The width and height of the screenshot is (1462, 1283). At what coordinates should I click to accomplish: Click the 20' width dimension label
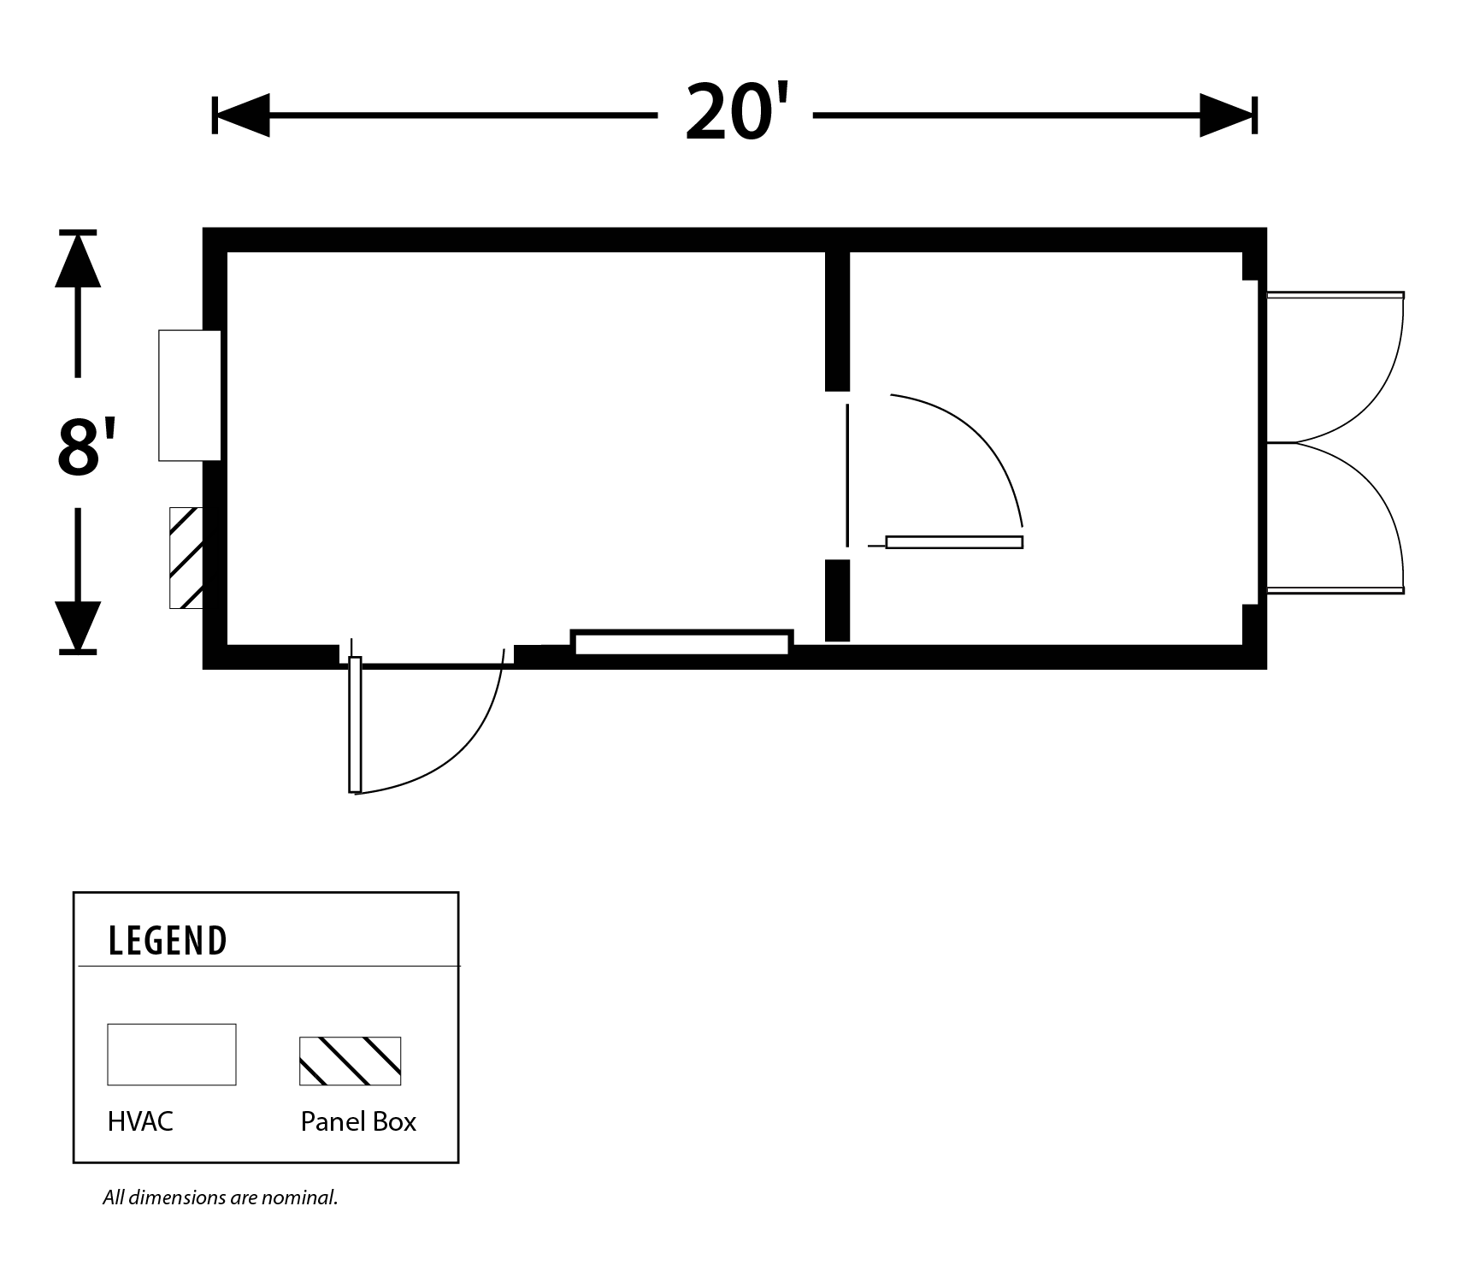[734, 114]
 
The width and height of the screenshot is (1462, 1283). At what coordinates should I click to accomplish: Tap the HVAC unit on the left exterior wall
[189, 395]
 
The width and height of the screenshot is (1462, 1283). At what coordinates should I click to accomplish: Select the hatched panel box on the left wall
[186, 558]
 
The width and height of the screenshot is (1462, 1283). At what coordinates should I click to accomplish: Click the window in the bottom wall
[681, 643]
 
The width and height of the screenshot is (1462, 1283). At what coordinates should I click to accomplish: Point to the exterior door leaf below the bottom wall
[355, 724]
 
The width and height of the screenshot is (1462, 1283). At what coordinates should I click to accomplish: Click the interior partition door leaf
[954, 542]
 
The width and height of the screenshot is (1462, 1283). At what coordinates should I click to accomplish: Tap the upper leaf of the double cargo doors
[1335, 295]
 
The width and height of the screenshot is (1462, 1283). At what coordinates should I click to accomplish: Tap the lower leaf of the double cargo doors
[1335, 590]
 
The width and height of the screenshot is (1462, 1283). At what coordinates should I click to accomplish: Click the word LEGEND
[168, 941]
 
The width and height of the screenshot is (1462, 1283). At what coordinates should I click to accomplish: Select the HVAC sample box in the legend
[171, 1054]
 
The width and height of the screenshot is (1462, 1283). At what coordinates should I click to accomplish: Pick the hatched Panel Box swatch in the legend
[350, 1061]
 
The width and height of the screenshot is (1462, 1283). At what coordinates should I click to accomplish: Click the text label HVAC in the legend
[140, 1121]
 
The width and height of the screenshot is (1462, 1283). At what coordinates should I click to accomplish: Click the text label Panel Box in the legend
[358, 1121]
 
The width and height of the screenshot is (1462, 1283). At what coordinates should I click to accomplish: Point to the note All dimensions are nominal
[221, 1197]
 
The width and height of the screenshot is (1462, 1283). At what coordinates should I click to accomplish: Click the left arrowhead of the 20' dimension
[242, 115]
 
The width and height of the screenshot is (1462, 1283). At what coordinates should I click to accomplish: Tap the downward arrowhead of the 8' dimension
[78, 627]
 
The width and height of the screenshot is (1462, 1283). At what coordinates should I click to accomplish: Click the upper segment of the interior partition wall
[837, 321]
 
